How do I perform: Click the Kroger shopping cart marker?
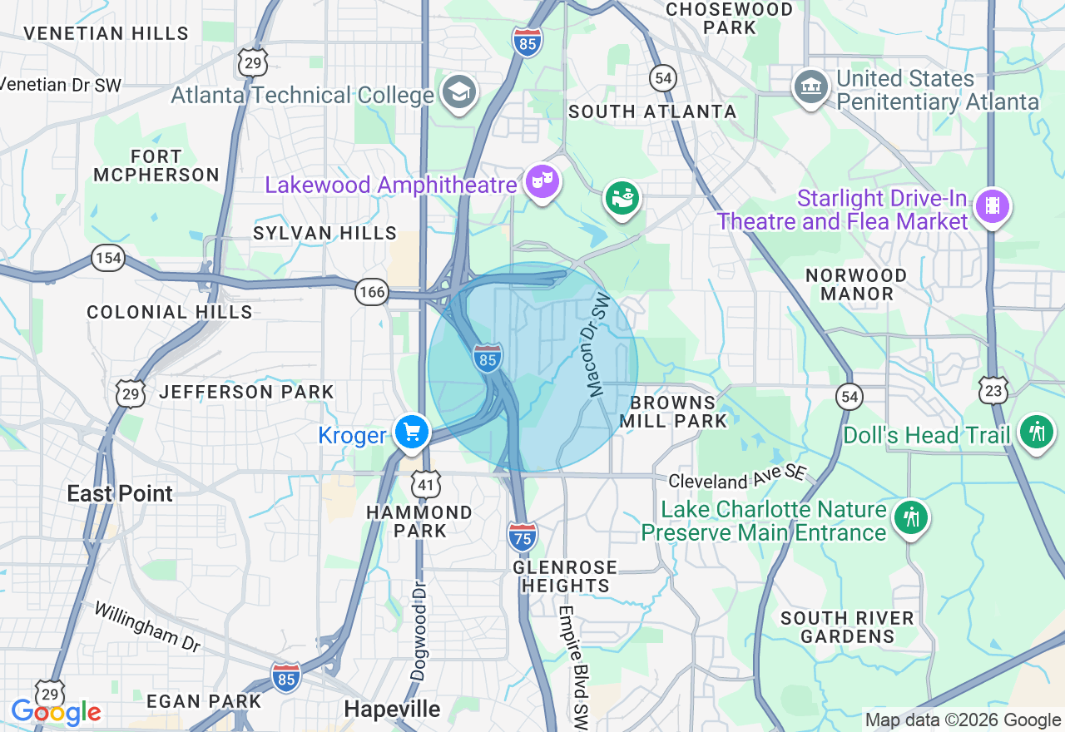point(412,433)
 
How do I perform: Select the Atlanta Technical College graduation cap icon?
point(458,92)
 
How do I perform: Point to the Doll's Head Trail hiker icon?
point(1036,433)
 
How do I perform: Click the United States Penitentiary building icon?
point(810,86)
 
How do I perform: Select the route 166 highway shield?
point(371,291)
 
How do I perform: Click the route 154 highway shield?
point(108,258)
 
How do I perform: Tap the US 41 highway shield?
point(424,483)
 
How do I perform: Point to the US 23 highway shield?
point(994,389)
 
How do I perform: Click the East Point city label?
point(120,493)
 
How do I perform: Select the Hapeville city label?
point(392,709)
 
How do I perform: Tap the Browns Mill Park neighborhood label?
point(673,412)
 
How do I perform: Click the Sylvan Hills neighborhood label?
point(324,233)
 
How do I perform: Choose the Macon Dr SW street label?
point(597,344)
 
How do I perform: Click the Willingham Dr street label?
point(146,626)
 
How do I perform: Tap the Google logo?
point(56,713)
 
